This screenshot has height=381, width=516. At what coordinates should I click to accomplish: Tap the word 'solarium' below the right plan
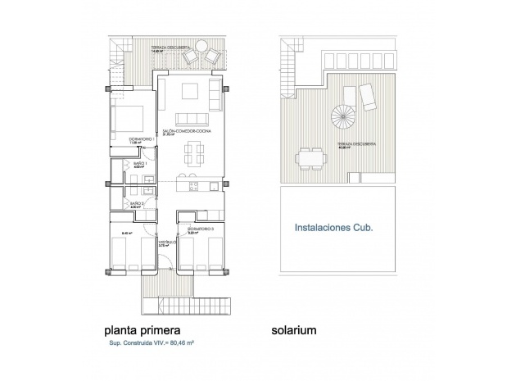pyautogui.click(x=294, y=331)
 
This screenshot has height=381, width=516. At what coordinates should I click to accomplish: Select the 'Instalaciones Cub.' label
pyautogui.click(x=333, y=230)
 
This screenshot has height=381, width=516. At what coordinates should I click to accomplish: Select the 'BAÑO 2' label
pyautogui.click(x=138, y=203)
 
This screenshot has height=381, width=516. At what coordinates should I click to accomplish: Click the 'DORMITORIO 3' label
pyautogui.click(x=199, y=229)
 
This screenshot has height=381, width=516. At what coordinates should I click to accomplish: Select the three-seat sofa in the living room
pyautogui.click(x=190, y=116)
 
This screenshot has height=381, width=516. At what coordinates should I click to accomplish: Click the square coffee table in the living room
pyautogui.click(x=190, y=90)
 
